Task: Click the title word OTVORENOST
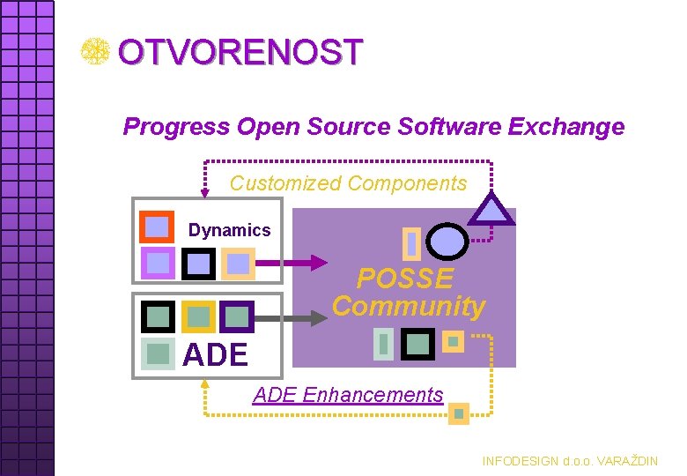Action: click(240, 53)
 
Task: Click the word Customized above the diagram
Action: click(284, 183)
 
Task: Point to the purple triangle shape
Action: click(490, 211)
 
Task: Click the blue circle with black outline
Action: click(447, 241)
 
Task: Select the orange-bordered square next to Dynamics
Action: click(157, 227)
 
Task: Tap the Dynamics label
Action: click(229, 230)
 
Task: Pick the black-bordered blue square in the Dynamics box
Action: click(198, 263)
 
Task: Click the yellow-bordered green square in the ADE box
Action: click(198, 316)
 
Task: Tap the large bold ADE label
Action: click(215, 354)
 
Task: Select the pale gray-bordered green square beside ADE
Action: click(159, 354)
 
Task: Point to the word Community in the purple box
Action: click(409, 306)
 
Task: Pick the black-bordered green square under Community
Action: click(417, 342)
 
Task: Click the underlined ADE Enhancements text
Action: click(348, 395)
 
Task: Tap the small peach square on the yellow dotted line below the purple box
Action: click(459, 413)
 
